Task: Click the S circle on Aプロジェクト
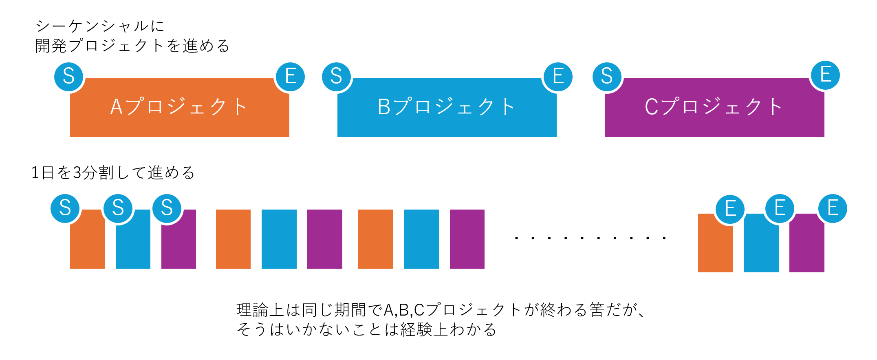pos(69,76)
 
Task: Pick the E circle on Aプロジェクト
pos(290,77)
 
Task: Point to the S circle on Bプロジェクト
pos(336,76)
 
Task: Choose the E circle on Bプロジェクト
pos(558,77)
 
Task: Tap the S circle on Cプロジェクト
pos(607,76)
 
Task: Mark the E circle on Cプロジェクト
pos(825,75)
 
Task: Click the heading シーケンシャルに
pos(100,27)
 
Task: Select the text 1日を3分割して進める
pos(113,173)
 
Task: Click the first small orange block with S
pos(87,245)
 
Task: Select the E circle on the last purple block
pos(833,208)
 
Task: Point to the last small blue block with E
pos(761,249)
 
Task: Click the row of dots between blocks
pos(590,238)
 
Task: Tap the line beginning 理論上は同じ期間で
pos(440,310)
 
